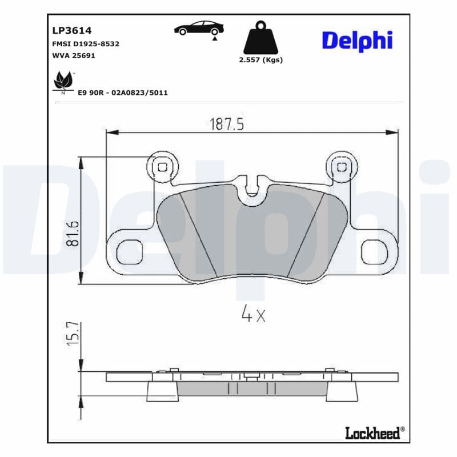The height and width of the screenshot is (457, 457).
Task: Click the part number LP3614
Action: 71,30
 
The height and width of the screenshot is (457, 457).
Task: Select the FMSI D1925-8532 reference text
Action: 85,43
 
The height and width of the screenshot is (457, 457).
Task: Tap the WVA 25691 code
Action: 73,55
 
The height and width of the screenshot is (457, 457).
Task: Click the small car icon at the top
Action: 199,28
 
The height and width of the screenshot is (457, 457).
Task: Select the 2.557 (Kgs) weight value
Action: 260,60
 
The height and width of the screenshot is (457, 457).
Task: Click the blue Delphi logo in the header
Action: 357,40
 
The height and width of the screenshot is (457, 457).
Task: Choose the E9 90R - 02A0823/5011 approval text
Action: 123,93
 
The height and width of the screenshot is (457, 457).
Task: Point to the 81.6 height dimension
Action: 73,234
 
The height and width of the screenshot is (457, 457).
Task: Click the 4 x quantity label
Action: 254,314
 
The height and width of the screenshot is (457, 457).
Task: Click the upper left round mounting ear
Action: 162,167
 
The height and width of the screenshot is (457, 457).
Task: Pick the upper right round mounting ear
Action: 342,167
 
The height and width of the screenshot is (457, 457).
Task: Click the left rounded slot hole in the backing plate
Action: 130,251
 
